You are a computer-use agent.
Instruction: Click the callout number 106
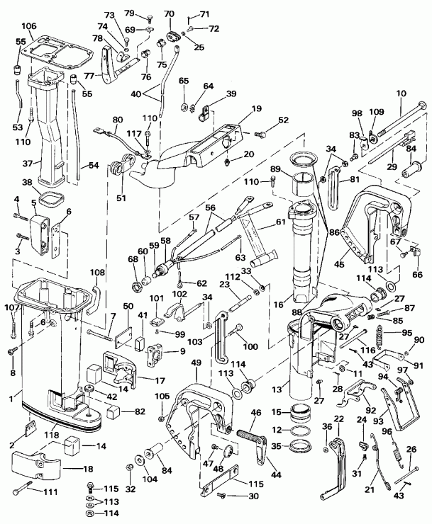coord(28,27)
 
